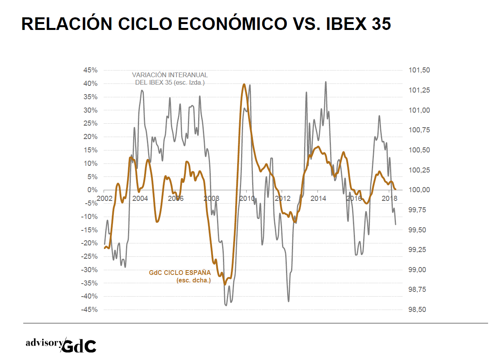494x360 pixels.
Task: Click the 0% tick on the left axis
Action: (93, 190)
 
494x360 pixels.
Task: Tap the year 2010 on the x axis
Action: (247, 198)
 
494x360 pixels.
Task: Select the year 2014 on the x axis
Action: (318, 198)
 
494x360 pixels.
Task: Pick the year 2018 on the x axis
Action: (389, 198)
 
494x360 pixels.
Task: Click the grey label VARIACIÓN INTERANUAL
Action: (170, 75)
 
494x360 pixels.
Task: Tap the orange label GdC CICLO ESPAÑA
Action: (180, 273)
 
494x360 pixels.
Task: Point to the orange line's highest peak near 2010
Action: (244, 84)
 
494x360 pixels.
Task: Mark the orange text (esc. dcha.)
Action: (194, 280)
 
